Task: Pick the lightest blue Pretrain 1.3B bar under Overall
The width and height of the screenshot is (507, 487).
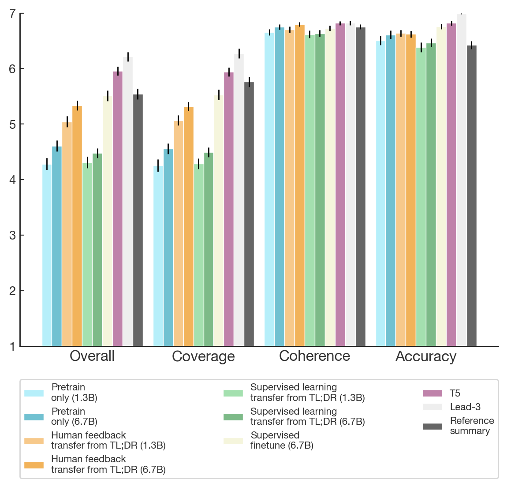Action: pos(47,255)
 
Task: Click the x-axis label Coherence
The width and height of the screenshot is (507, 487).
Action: pos(314,356)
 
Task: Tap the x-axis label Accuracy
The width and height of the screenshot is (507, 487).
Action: pos(426,356)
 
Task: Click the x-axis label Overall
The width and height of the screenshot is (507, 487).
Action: pos(92,356)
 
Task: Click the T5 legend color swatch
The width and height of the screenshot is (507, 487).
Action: pos(432,393)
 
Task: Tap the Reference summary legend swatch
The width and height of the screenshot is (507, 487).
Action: pos(432,426)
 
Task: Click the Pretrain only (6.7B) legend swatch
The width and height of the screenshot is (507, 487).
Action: pos(34,417)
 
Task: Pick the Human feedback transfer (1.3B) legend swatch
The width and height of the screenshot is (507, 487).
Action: pos(34,441)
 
